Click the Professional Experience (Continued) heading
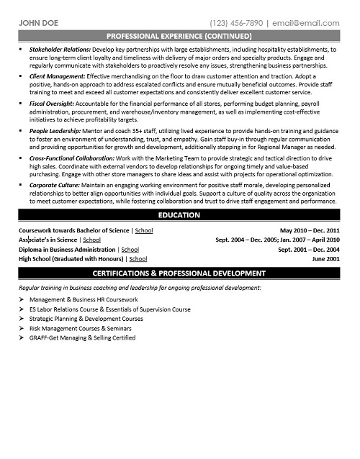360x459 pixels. (x=179, y=35)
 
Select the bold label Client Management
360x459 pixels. (x=55, y=76)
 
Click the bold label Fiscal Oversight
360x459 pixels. (x=52, y=103)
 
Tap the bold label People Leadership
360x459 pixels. (x=54, y=130)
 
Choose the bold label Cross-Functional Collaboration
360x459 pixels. (x=71, y=158)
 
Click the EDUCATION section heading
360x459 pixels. (x=179, y=216)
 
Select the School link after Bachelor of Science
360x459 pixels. (x=143, y=231)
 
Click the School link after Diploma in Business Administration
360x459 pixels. (x=130, y=249)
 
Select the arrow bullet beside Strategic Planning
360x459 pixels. (x=22, y=317)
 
